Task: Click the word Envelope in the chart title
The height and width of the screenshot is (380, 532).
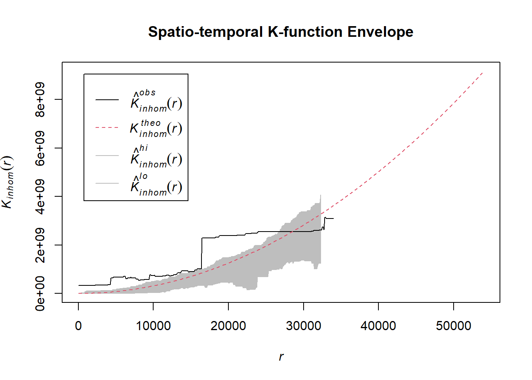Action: coord(380,32)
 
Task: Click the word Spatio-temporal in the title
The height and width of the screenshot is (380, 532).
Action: coord(205,32)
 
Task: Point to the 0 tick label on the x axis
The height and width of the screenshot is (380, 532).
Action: coord(78,326)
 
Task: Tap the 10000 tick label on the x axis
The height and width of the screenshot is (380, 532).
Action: coord(153,326)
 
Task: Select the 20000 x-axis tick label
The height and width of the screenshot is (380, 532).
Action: coord(228,326)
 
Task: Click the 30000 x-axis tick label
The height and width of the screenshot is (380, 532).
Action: coord(304,326)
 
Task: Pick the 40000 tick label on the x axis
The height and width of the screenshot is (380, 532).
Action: coord(378,326)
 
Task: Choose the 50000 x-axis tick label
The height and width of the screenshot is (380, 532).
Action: coord(454,326)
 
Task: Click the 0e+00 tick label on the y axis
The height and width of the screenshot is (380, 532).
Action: coord(40,293)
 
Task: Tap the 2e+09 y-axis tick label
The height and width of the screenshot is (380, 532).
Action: coord(40,245)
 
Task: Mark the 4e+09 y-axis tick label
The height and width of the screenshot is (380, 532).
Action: coord(40,196)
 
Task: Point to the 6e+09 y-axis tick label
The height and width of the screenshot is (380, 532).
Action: coord(40,148)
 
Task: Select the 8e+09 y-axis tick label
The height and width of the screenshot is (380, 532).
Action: coord(40,99)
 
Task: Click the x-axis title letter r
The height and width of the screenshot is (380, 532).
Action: coord(281,357)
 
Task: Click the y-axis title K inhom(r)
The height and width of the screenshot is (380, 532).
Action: coord(8,182)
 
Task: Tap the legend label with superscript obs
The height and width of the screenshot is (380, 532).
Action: coord(156,101)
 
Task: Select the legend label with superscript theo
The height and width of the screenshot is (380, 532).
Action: coord(156,128)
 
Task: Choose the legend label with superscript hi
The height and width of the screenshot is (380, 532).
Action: coord(156,157)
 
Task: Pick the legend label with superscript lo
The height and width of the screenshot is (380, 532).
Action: coord(156,185)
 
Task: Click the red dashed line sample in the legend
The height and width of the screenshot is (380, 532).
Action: coord(107,128)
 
